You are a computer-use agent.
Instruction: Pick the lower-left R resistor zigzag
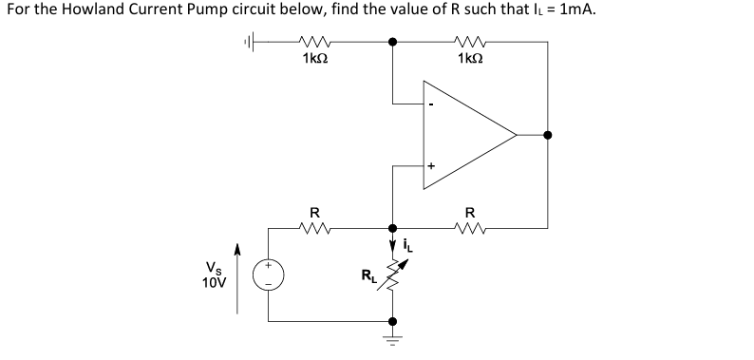[314, 227]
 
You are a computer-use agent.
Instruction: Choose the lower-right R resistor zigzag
[469, 227]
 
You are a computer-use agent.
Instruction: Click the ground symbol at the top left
[250, 42]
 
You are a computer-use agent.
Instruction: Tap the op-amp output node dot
[547, 135]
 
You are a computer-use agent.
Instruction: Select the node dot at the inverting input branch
[393, 42]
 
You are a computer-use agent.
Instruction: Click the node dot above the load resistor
[393, 228]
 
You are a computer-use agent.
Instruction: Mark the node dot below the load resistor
[393, 321]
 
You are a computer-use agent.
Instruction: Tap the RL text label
[367, 277]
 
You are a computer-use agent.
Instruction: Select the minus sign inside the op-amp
[431, 104]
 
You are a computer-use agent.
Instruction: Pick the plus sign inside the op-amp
[431, 165]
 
